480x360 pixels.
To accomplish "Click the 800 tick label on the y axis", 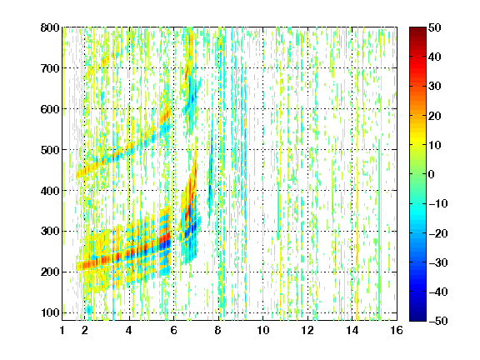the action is pyautogui.click(x=50, y=27).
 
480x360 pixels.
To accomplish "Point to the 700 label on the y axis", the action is pyautogui.click(x=50, y=68).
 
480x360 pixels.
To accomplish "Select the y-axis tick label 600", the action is pyautogui.click(x=50, y=109).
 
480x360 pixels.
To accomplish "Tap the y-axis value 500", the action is pyautogui.click(x=50, y=150).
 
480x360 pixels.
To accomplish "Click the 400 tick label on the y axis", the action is pyautogui.click(x=50, y=191).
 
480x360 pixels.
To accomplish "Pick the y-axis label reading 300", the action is pyautogui.click(x=50, y=232).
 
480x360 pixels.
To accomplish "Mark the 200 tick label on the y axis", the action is pyautogui.click(x=50, y=272).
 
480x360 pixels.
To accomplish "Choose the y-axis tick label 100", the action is pyautogui.click(x=50, y=312).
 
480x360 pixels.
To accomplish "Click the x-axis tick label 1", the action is pyautogui.click(x=62, y=330).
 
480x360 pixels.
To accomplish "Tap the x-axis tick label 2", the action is pyautogui.click(x=85, y=330).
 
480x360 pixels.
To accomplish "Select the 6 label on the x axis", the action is pyautogui.click(x=174, y=330).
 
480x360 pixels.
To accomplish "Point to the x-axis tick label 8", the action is pyautogui.click(x=218, y=330).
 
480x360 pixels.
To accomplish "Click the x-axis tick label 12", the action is pyautogui.click(x=307, y=330).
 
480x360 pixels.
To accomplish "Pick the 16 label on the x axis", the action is pyautogui.click(x=397, y=330).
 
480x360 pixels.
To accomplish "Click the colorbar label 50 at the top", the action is pyautogui.click(x=434, y=27).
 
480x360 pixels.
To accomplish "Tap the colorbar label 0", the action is pyautogui.click(x=432, y=174).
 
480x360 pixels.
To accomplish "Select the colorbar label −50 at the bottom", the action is pyautogui.click(x=438, y=321).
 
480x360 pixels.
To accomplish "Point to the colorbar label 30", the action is pyautogui.click(x=434, y=86).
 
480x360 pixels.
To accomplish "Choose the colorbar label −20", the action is pyautogui.click(x=438, y=233).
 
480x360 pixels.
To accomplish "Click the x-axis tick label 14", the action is pyautogui.click(x=352, y=330).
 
